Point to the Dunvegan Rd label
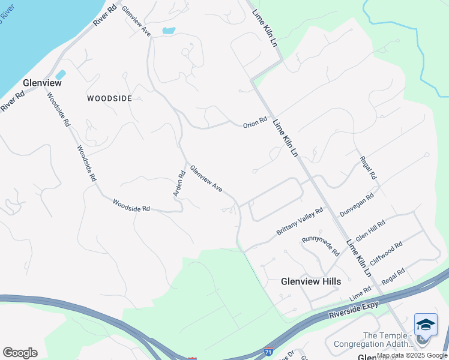pyautogui.click(x=357, y=204)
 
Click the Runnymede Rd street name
pyautogui.click(x=321, y=245)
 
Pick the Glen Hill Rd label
pyautogui.click(x=370, y=230)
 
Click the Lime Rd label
pyautogui.click(x=361, y=295)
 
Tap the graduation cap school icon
pyautogui.click(x=426, y=325)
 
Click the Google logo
pyautogui.click(x=20, y=353)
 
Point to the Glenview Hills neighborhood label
pyautogui.click(x=311, y=281)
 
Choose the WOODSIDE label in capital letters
pyautogui.click(x=109, y=98)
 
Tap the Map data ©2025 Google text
pyautogui.click(x=412, y=356)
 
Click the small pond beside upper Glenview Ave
pyautogui.click(x=169, y=30)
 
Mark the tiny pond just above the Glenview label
pyautogui.click(x=60, y=74)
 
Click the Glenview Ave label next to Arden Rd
pyautogui.click(x=206, y=179)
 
